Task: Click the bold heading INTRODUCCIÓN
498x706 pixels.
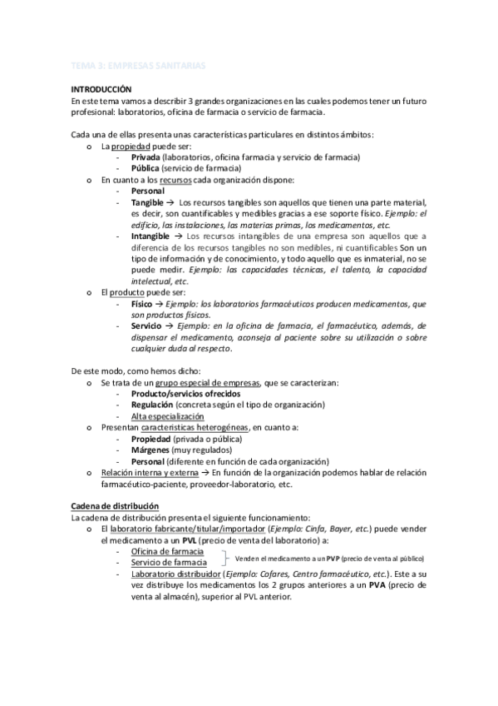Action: pos(101,88)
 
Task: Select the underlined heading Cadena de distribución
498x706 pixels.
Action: pos(115,506)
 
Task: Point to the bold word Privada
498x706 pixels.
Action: pos(145,157)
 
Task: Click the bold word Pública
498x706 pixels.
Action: pos(145,167)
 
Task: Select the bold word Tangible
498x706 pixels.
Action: pos(147,202)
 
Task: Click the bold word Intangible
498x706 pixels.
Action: pos(150,236)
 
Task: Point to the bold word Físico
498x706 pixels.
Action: pos(142,305)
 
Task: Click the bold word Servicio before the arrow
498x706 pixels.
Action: pos(146,327)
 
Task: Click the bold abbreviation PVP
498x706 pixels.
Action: pos(334,557)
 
